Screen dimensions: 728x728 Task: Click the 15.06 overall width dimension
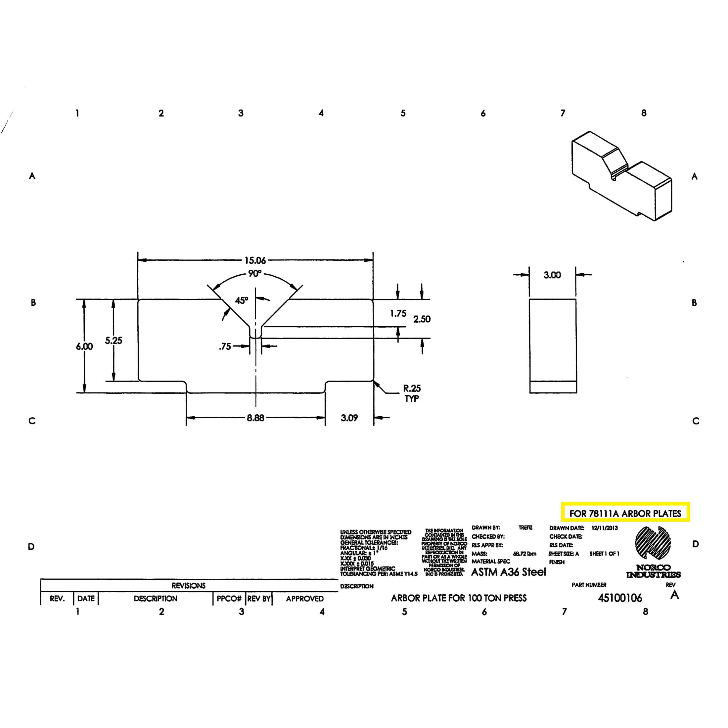[x=255, y=260]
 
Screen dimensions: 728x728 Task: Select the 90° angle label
[x=254, y=274]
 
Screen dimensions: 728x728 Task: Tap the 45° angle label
[x=242, y=300]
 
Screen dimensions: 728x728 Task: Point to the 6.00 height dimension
[x=84, y=346]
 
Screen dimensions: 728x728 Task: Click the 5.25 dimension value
[x=114, y=340]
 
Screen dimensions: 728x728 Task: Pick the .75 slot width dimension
[x=225, y=346]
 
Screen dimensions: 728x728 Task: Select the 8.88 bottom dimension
[x=255, y=418]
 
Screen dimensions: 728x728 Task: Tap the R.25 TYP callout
[x=412, y=393]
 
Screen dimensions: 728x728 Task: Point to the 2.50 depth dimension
[x=422, y=319]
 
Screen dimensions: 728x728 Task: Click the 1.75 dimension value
[x=398, y=313]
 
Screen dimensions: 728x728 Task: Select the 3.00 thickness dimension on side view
[x=552, y=275]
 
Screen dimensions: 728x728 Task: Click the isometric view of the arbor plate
[x=622, y=176]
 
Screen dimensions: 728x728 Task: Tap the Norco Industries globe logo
[x=653, y=543]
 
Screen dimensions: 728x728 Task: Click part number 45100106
[x=620, y=598]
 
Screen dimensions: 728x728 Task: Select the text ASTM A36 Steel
[x=508, y=572]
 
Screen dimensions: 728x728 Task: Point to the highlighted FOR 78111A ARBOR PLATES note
[x=625, y=513]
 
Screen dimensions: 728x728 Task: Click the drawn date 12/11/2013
[x=605, y=528]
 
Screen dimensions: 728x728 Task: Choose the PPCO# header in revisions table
[x=229, y=598]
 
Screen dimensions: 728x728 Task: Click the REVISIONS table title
[x=188, y=586]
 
